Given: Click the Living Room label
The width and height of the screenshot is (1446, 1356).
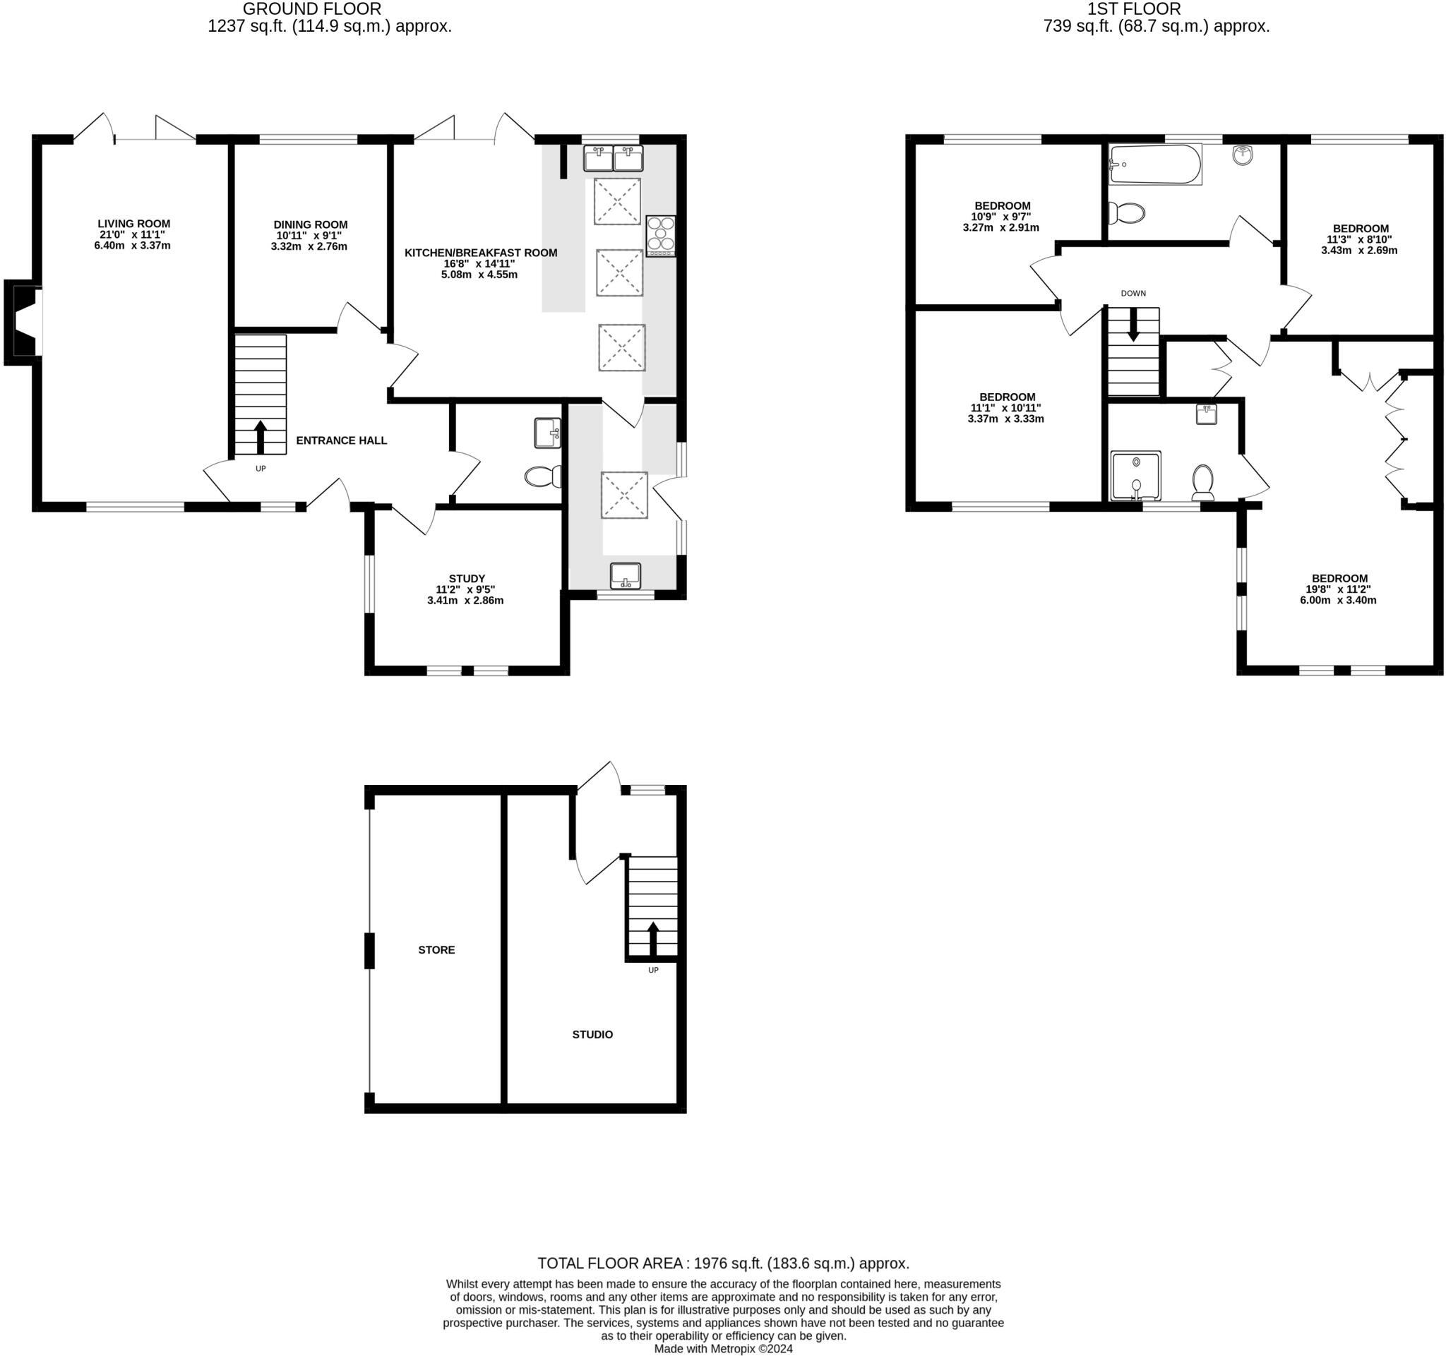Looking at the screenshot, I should pos(134,224).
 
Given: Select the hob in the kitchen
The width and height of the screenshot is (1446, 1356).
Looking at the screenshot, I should pos(660,236).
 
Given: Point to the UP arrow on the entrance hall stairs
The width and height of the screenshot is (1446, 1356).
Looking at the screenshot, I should pos(261,436).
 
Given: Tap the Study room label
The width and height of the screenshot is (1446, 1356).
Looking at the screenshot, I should pos(466,579).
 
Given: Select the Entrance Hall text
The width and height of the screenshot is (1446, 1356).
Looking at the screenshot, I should pos(341,440).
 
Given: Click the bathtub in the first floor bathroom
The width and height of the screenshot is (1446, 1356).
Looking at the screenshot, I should pos(1154,164).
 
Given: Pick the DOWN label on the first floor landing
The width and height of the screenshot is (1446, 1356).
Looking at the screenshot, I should pos(1133,294).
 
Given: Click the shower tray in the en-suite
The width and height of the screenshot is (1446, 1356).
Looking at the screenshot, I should pos(1135,476).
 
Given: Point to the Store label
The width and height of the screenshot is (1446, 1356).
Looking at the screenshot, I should pos(436,949).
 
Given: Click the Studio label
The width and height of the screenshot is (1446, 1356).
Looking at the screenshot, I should pos(592,1034).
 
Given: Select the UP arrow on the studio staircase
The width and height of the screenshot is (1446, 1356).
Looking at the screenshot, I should pos(652,939).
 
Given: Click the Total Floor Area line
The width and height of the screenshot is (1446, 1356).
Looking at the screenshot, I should pos(723,1263).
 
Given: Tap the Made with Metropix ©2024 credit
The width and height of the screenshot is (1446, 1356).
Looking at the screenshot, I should pos(723,1349).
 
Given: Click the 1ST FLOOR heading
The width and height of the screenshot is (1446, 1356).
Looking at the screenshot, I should pos(1134,9).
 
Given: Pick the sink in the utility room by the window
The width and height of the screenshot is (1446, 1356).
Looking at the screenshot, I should pos(626,576).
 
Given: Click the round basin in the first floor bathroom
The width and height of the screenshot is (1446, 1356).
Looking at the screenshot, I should pos(1243,155).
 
